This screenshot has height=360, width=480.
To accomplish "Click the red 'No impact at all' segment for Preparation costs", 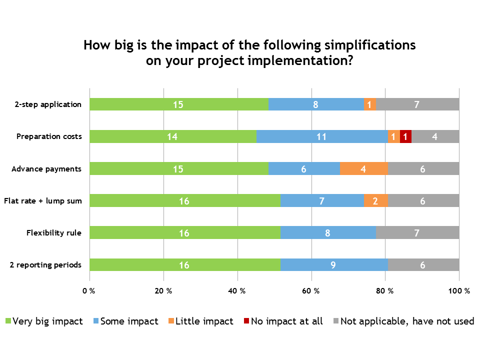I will pos(405,136).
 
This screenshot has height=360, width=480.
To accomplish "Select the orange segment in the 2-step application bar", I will pos(369,104).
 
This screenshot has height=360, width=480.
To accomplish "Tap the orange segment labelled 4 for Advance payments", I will pos(363,168).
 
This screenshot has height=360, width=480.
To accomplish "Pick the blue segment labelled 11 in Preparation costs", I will pos(322,136).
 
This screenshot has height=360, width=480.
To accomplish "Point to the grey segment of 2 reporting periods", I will pos(423,265).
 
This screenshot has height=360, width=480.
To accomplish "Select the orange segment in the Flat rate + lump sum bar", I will pos(375,200).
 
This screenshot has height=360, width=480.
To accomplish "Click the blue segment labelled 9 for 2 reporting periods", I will pos(334,265).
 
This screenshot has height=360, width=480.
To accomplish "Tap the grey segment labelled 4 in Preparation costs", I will pos(435,136).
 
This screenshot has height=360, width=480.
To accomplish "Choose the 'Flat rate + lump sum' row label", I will pos(42,201).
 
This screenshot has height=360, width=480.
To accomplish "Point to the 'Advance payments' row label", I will pos(46,168).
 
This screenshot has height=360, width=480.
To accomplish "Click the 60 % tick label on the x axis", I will pos(311,291).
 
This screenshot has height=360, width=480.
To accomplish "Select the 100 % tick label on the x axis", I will pos(459,291).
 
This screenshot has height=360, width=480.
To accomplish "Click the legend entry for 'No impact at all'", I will pos(286,321).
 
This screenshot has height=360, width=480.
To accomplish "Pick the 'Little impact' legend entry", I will pos(204,321).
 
